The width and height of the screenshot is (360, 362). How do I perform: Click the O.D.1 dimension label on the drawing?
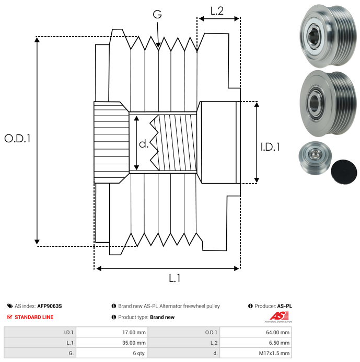pos(17,138)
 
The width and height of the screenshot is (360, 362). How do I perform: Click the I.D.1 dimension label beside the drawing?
pos(270,147)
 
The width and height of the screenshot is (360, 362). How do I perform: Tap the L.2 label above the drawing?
pos(217,10)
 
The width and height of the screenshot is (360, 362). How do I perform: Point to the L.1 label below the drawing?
pos(175,278)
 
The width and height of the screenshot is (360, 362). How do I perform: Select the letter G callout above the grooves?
pos(157,14)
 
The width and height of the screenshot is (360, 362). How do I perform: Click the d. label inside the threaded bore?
pos(144,144)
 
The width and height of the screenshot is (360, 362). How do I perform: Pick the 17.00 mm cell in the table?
pos(134,333)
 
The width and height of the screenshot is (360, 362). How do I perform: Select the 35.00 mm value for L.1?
pos(134,343)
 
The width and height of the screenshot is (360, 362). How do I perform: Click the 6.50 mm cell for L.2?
pos(279,343)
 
